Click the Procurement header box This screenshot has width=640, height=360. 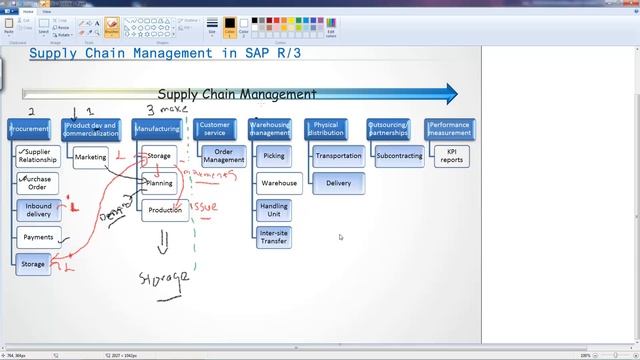pos(29,129)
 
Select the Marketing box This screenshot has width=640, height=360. pos(90,157)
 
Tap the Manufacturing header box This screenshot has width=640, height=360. pos(157,129)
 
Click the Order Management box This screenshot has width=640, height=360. pos(223,155)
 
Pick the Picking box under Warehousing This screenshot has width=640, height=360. pos(273,156)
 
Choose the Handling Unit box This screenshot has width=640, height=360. pos(273,210)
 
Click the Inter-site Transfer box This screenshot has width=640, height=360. pos(273,237)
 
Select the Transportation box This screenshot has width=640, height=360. pos(338,156)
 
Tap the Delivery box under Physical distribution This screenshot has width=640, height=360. pos(338,183)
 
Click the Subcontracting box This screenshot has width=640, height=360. pos(398,156)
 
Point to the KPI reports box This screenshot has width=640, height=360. pos(451,155)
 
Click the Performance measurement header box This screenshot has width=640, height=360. pos(449,129)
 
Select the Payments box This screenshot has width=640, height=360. pos(39,237)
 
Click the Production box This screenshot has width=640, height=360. pos(165,210)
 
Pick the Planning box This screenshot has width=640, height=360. pos(160,183)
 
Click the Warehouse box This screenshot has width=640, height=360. pos(279,183)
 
